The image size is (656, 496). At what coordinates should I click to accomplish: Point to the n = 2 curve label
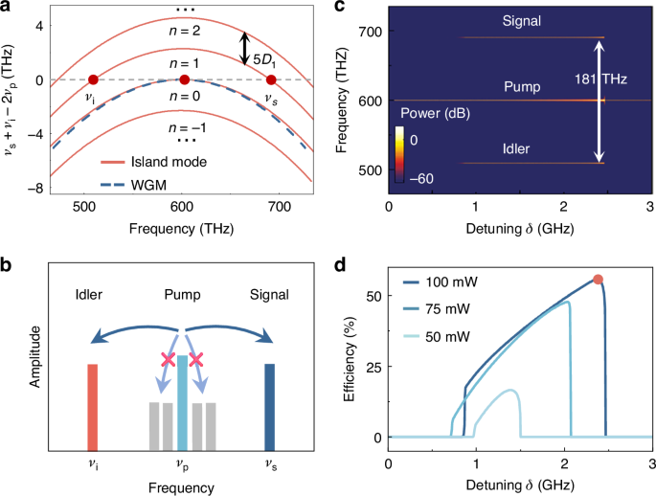tap(182, 32)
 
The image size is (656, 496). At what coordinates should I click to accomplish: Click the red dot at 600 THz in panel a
tap(185, 80)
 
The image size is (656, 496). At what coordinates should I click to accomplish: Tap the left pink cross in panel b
tap(169, 359)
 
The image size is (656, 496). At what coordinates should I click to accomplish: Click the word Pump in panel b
tap(182, 297)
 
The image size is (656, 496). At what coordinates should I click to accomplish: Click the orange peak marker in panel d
tap(599, 280)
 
